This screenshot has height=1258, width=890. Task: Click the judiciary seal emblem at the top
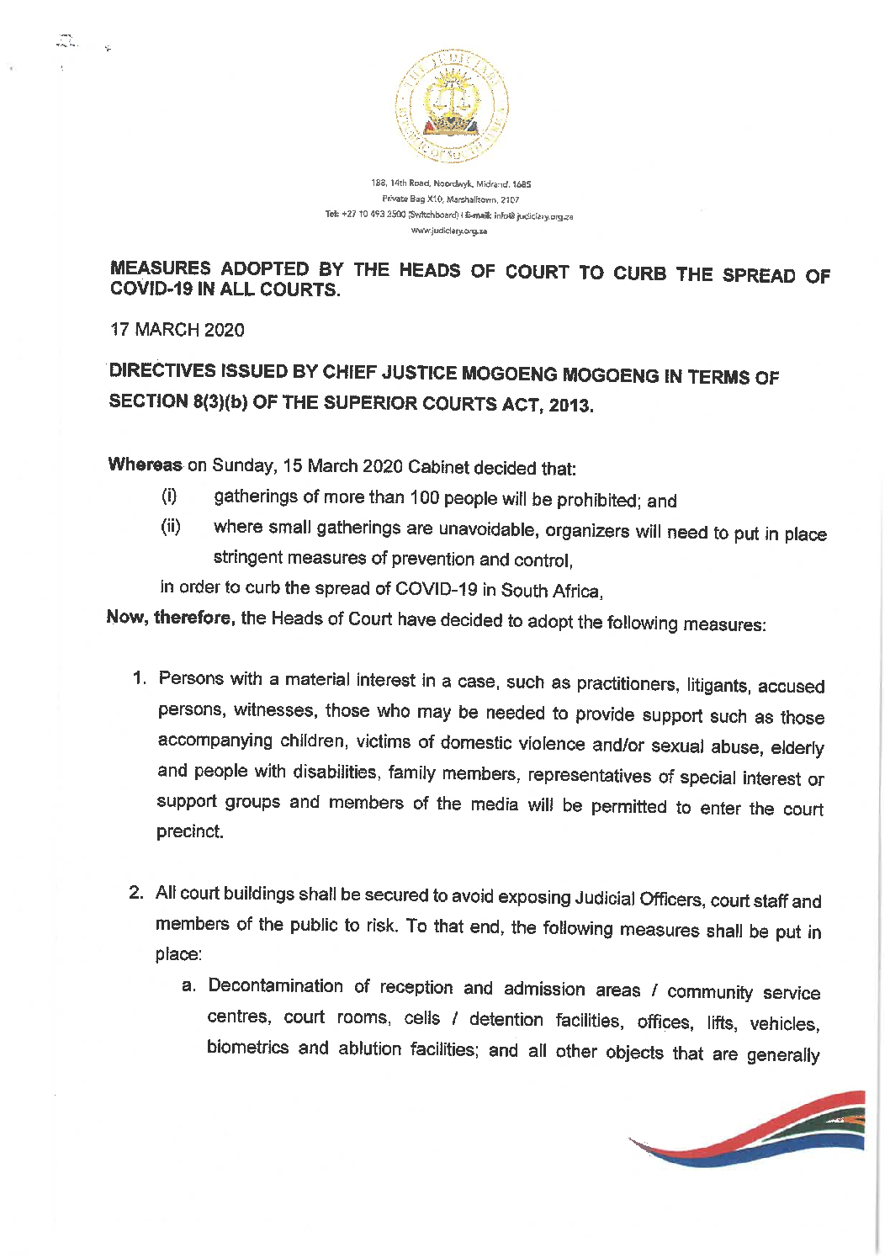452,107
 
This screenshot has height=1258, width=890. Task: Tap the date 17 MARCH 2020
177,330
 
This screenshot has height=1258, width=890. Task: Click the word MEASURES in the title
161,268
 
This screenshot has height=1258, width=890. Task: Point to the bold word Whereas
145,464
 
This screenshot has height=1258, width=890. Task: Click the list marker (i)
169,496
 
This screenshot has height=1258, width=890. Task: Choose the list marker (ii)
171,527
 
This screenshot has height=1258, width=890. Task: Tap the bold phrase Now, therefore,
171,618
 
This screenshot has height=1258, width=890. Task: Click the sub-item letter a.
189,985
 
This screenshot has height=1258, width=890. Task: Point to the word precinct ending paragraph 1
190,831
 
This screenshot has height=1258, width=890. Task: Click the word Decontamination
276,985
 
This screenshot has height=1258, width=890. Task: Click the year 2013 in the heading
570,406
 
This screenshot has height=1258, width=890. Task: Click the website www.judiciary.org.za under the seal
449,231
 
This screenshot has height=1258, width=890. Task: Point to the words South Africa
551,591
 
